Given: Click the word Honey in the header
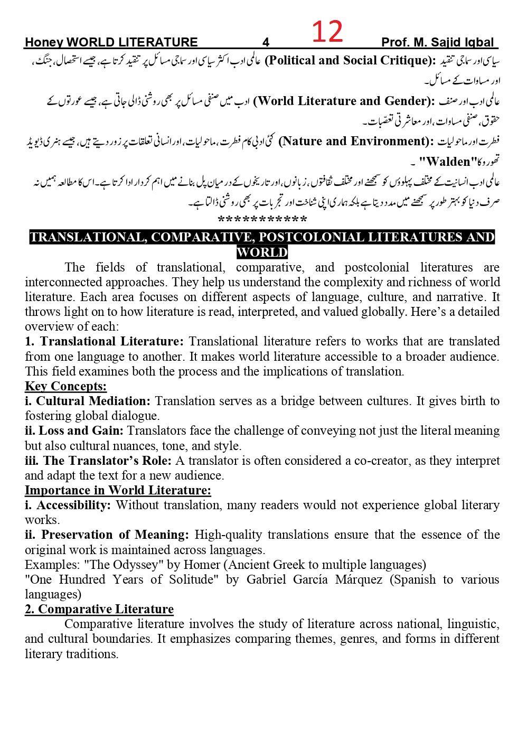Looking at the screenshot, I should click(44, 43).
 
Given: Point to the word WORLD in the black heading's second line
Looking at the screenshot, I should click(262, 252).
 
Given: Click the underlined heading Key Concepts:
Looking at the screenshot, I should click(65, 386).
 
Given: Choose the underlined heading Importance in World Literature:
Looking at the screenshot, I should click(118, 490).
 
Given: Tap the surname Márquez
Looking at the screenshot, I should click(360, 579).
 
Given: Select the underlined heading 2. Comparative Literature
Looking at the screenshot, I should click(99, 609).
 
